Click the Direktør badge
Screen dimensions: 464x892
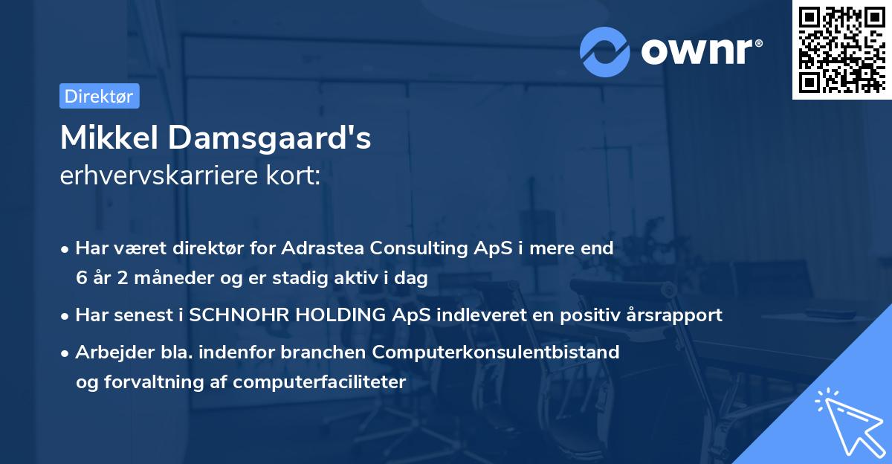click(99, 96)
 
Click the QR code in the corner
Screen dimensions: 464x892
click(841, 49)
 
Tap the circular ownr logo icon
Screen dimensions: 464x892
click(605, 51)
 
